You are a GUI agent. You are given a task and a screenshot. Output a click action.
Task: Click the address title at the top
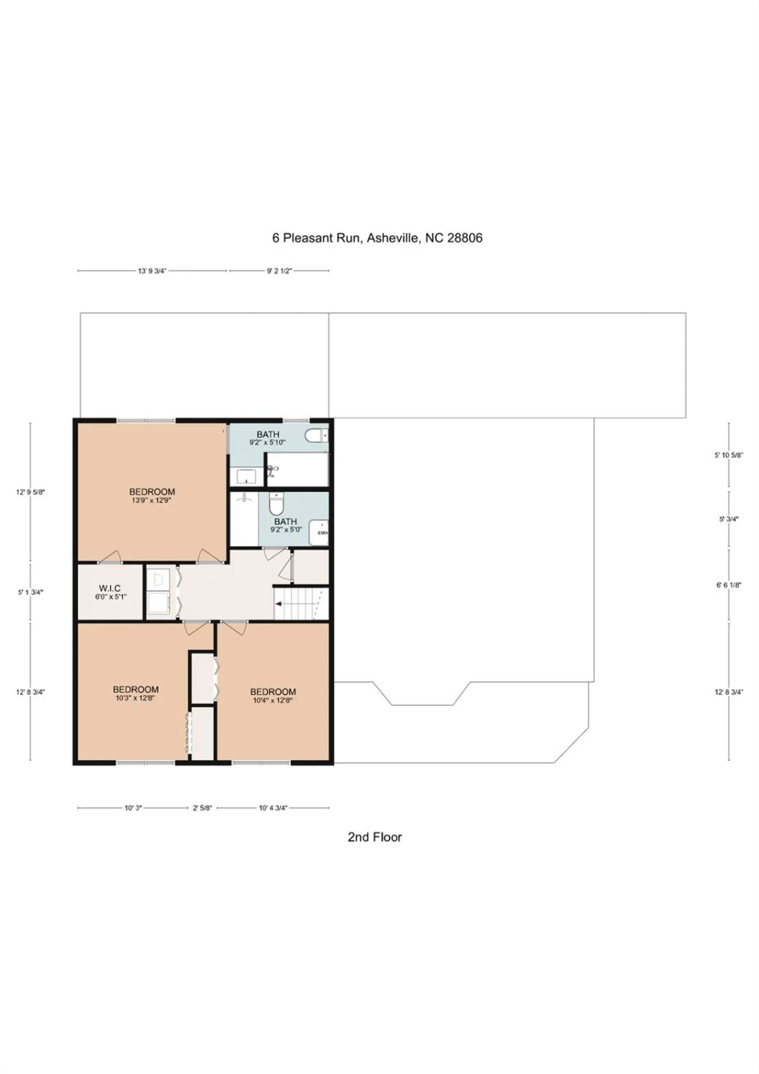(377, 238)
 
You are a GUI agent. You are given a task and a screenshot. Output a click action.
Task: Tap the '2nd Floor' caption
(375, 837)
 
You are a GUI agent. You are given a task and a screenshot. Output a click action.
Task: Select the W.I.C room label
(110, 588)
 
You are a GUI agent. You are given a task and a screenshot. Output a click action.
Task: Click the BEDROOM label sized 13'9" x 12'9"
(152, 492)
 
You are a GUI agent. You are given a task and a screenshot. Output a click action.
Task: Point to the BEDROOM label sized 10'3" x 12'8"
(136, 689)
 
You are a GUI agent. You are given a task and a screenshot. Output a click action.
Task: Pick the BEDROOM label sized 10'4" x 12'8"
(273, 692)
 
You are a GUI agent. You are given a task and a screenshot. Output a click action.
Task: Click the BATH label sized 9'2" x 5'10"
(268, 434)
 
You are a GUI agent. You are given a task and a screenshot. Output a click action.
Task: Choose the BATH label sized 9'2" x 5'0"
(286, 521)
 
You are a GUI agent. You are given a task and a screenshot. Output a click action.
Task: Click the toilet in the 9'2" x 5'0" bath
(277, 503)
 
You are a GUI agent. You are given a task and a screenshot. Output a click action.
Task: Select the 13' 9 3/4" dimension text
(152, 271)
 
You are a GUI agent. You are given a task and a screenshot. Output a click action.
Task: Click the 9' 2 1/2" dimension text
(279, 271)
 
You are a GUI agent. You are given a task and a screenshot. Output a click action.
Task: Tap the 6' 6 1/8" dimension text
(729, 585)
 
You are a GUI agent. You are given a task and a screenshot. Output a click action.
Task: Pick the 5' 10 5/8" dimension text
(729, 456)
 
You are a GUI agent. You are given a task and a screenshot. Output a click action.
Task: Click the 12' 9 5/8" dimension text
(31, 492)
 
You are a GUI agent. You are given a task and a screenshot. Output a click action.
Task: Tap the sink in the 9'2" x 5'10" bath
(246, 477)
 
